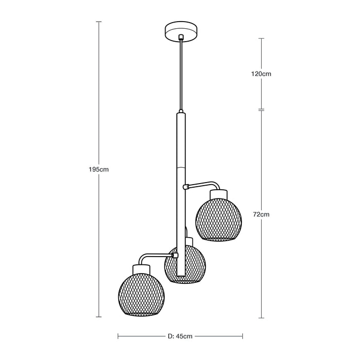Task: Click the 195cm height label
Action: point(99,170)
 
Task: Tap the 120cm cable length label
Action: point(261,74)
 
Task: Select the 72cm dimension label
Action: point(261,214)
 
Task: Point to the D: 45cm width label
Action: point(180,336)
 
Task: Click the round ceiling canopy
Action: point(182,32)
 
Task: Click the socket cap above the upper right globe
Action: point(219,194)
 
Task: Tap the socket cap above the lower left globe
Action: point(141,269)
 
